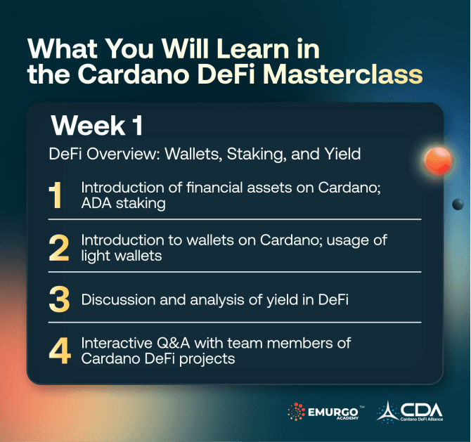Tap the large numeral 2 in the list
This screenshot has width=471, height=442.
pos(60,249)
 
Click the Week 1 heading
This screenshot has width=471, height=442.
pos(97,125)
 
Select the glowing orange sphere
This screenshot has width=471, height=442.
pos(436,162)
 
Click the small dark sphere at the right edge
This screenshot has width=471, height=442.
pos(458,204)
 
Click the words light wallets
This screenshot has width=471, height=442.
pos(121,256)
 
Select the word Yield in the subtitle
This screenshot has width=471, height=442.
pos(340,154)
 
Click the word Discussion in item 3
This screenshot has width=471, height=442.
pos(115,300)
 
